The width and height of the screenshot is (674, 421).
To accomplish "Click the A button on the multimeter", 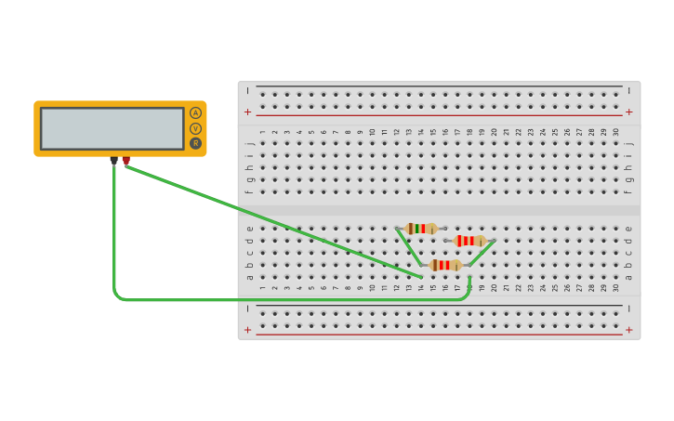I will click(195, 113).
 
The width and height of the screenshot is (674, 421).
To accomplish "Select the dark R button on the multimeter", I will click(195, 143).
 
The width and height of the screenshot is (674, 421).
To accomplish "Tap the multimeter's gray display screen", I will click(112, 128).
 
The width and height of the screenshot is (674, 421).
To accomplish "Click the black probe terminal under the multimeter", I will click(114, 161).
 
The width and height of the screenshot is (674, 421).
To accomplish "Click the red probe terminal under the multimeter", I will click(126, 161).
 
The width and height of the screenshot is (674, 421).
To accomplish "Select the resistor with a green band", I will click(421, 229).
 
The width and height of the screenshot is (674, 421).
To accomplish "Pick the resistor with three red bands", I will click(469, 241).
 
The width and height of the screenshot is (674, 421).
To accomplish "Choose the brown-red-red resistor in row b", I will click(445, 265).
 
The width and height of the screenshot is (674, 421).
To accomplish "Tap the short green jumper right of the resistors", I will click(482, 253).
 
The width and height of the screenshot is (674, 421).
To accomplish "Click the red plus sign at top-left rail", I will click(247, 112).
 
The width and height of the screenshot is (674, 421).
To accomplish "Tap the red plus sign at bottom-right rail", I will click(629, 330).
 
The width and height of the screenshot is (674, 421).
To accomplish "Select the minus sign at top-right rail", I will click(629, 91).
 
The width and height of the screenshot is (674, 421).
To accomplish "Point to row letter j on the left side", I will click(249, 144).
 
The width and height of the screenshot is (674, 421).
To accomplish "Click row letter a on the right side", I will click(629, 277).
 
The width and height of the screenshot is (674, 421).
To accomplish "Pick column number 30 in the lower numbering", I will click(615, 288).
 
